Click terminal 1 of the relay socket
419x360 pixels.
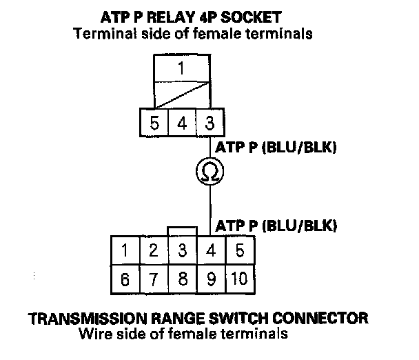click(182, 68)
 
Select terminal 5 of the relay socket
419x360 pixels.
click(154, 123)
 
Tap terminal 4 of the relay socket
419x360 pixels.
click(182, 123)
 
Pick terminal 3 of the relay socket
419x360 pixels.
click(210, 123)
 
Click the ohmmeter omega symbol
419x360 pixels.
click(209, 171)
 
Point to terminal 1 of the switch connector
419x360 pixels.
click(125, 250)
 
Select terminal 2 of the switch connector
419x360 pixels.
click(154, 250)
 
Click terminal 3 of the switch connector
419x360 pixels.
click(183, 250)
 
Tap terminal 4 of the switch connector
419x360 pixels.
click(212, 250)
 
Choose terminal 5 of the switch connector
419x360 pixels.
click(241, 250)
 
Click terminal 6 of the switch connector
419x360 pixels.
click(125, 279)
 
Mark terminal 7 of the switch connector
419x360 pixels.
click(154, 279)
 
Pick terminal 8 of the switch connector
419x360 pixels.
click(183, 279)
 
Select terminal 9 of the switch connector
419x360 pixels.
click(212, 279)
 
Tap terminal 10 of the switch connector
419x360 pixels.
click(241, 279)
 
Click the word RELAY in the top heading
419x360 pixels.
click(171, 17)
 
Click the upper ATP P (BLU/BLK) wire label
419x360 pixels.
click(276, 148)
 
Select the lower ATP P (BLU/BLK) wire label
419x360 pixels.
click(276, 226)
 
